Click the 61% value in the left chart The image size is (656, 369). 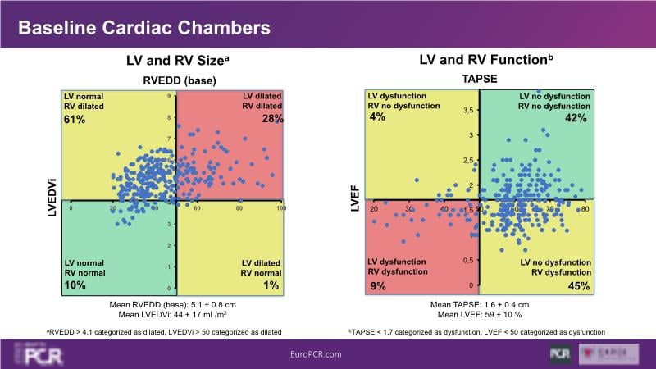tap(75, 120)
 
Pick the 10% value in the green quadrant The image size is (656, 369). tap(75, 285)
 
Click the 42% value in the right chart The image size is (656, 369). tap(576, 118)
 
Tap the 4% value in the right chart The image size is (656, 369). tap(377, 118)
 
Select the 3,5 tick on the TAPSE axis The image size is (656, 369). tap(467, 110)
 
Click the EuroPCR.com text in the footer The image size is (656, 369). tap(317, 353)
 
